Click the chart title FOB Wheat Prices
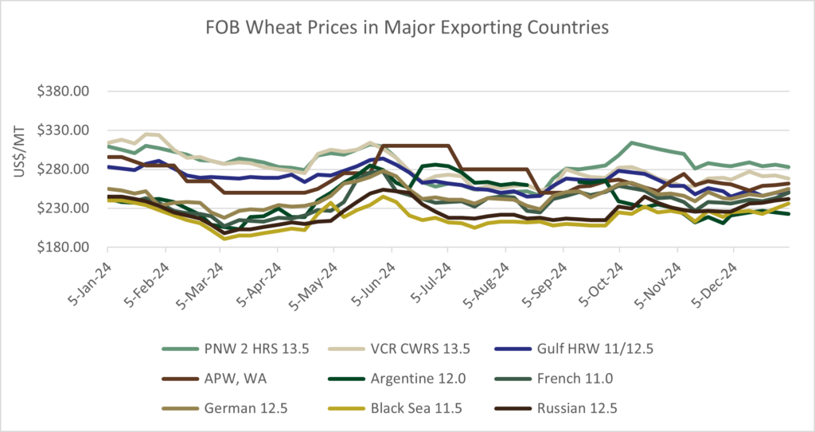tap(407, 27)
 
